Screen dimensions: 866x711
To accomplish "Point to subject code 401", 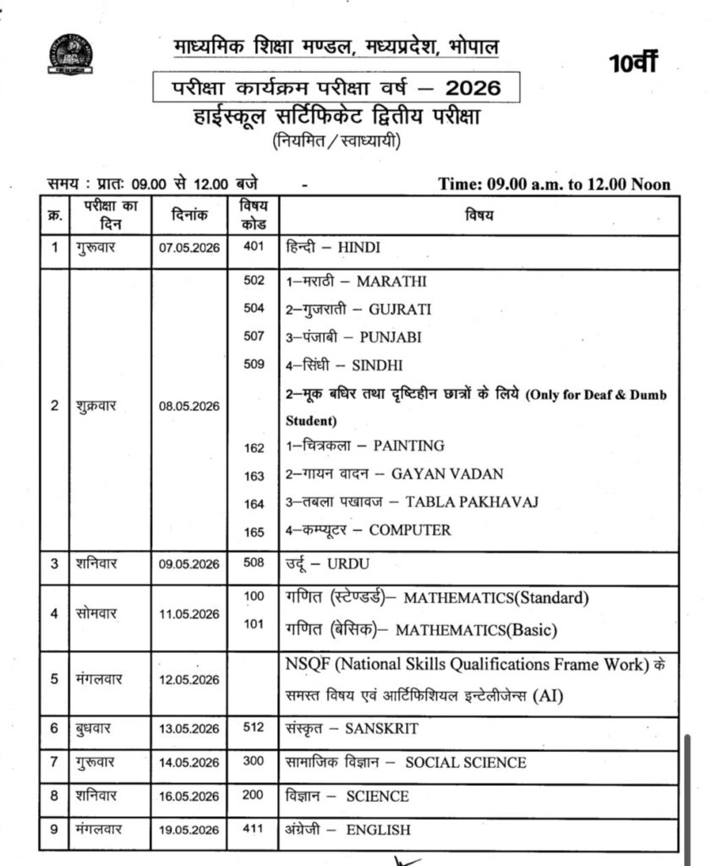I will coord(254,248).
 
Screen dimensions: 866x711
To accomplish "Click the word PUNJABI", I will coord(391,337).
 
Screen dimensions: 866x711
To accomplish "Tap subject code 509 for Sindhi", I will coord(254,365).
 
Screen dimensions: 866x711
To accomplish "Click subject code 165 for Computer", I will coord(254,531).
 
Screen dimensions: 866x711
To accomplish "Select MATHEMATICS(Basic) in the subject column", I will coord(477,631).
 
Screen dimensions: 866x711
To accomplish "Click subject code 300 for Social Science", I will coord(254,761).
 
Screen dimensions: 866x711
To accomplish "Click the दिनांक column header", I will coord(189,216).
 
